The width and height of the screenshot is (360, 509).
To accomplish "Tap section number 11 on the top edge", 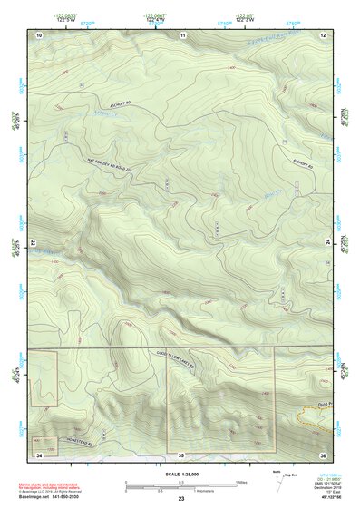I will [x=182, y=34].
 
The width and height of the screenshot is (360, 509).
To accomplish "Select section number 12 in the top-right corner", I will [x=322, y=34].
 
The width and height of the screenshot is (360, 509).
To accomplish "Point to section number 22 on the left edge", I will [x=33, y=244].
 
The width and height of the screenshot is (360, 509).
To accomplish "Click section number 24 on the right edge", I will [x=329, y=244].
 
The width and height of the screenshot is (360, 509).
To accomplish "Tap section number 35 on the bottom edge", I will [x=181, y=453].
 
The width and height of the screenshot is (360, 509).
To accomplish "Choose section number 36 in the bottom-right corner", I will [x=322, y=453].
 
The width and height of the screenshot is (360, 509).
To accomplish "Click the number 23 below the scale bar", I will [x=181, y=499].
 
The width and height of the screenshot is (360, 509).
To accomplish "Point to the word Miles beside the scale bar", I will [x=241, y=482].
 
